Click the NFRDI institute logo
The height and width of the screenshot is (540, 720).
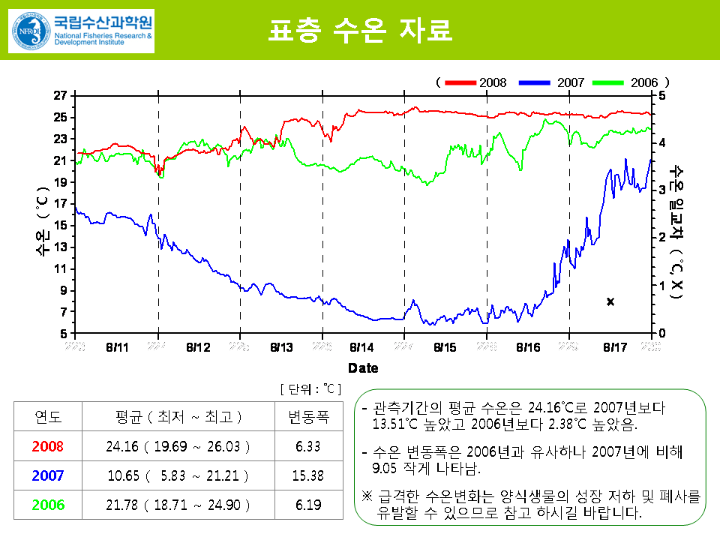pyautogui.click(x=81, y=30)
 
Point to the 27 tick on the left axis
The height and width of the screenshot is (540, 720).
pyautogui.click(x=59, y=95)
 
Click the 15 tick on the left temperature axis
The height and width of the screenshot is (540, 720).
pyautogui.click(x=59, y=225)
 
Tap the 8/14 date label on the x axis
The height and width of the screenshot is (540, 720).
pyautogui.click(x=361, y=347)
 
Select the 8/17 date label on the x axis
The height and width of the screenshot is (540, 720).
pyautogui.click(x=615, y=347)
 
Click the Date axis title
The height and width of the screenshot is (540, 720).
pyautogui.click(x=363, y=368)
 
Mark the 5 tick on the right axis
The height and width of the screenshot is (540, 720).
pyautogui.click(x=660, y=95)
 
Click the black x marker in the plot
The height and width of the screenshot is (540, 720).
pyautogui.click(x=610, y=301)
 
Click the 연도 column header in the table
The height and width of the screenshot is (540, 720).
pyautogui.click(x=49, y=417)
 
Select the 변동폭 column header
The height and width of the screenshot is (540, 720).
pyautogui.click(x=308, y=417)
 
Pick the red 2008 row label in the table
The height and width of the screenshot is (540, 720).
pyautogui.click(x=49, y=446)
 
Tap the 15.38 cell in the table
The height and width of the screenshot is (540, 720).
pyautogui.click(x=308, y=475)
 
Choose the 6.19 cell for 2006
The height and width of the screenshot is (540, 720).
pyautogui.click(x=308, y=505)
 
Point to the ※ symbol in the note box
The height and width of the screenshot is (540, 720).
pyautogui.click(x=367, y=497)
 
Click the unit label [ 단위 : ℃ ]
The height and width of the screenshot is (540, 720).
pyautogui.click(x=310, y=388)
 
